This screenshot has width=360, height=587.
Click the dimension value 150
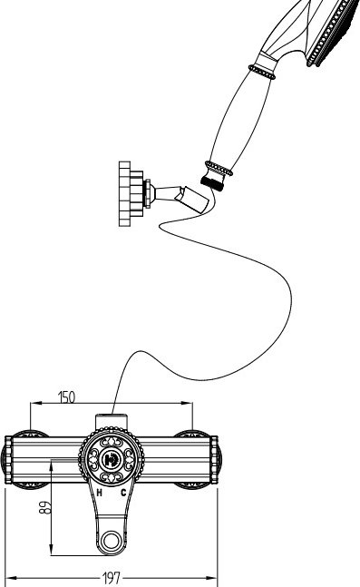click(66, 396)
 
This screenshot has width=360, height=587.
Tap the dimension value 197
click(112, 578)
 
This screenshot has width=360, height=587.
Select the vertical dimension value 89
click(45, 507)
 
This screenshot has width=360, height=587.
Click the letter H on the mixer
click(99, 493)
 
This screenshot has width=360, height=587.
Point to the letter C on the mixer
click(123, 493)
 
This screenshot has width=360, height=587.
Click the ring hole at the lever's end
click(112, 540)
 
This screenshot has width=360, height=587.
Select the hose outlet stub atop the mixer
click(112, 421)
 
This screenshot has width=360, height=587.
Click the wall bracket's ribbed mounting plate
click(125, 193)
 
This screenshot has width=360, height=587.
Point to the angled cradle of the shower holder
click(194, 200)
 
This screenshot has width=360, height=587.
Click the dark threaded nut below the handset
click(212, 183)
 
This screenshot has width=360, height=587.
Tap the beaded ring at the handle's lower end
click(219, 169)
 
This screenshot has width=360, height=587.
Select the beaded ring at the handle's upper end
click(262, 72)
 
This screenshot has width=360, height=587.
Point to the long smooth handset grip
click(241, 120)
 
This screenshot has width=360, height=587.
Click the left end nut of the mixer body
click(8, 459)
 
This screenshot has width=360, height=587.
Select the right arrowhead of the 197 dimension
click(212, 578)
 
